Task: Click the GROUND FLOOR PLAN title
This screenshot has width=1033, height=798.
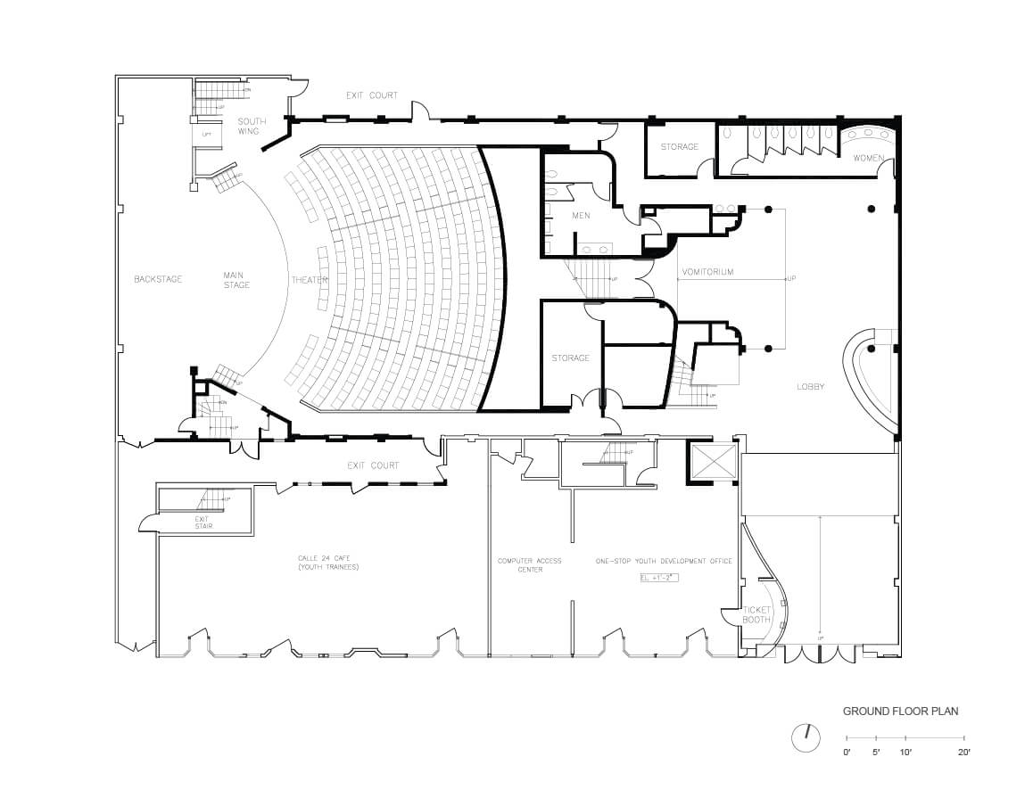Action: click(x=901, y=712)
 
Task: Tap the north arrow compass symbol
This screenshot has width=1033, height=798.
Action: click(x=806, y=737)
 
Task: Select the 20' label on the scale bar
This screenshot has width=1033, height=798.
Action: click(x=963, y=753)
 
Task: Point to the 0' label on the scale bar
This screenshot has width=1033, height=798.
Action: click(x=847, y=753)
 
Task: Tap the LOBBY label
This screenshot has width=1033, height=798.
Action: click(x=810, y=386)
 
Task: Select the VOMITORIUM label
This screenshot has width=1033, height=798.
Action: click(x=707, y=272)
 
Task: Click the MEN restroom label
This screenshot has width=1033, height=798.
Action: click(x=581, y=215)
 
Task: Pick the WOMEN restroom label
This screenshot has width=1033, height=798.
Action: click(x=868, y=158)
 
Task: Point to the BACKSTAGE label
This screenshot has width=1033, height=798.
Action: click(x=158, y=279)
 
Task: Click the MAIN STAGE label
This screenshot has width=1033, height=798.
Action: click(x=236, y=280)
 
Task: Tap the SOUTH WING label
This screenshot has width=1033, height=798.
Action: click(x=251, y=127)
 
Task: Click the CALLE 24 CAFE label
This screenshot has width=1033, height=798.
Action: click(x=327, y=563)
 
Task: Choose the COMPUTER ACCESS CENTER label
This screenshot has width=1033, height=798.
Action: click(x=530, y=565)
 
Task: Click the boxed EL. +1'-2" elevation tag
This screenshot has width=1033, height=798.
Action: click(x=660, y=578)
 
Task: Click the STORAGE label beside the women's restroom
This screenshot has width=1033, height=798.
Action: click(x=679, y=146)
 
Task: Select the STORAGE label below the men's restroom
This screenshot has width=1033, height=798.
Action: click(x=570, y=358)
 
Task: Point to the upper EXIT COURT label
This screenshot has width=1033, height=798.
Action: click(x=373, y=95)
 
